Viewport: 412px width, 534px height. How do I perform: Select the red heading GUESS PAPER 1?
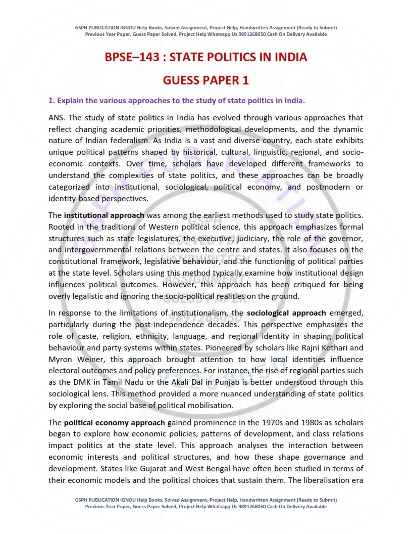205,80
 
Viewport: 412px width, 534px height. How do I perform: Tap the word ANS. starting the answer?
57,117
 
